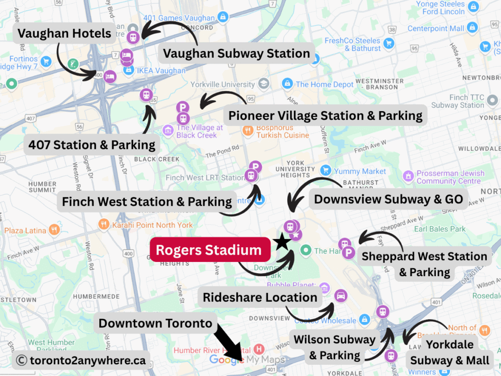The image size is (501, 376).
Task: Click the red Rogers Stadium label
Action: [209, 250]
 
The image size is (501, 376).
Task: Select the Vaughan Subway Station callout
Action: [237, 53]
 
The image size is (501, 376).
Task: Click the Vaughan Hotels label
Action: [65, 34]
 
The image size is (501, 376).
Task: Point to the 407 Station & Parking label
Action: [92, 145]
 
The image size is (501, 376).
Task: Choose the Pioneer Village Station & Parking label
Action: [325, 116]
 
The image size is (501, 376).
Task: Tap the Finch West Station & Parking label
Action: [147, 201]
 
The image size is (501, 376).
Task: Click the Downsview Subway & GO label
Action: [388, 199]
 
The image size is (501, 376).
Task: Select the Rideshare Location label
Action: [260, 297]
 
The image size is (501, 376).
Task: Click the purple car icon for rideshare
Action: [341, 295]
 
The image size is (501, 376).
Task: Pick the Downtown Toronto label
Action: [156, 323]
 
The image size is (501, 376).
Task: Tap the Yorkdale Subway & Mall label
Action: [450, 352]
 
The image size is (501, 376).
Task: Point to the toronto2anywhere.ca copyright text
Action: [81, 360]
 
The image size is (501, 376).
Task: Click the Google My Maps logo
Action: [247, 360]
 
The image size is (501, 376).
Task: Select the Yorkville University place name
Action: [223, 84]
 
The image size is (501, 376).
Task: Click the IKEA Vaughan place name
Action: [161, 70]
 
